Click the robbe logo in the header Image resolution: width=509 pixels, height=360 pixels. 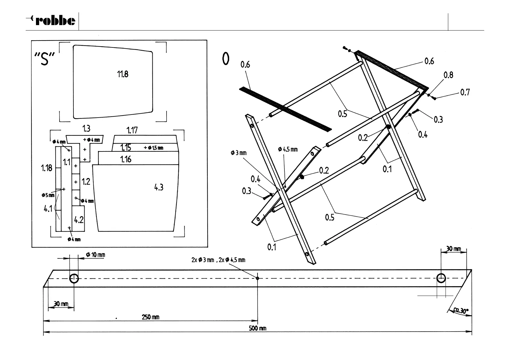[51, 21]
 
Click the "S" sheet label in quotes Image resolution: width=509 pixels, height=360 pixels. [44, 59]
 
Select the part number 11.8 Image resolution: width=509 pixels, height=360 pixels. [122, 74]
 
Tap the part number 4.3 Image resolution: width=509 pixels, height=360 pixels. [159, 187]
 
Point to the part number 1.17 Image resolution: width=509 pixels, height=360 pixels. [132, 130]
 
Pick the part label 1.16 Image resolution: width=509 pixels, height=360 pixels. [126, 159]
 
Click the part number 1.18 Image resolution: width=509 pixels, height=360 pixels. [47, 168]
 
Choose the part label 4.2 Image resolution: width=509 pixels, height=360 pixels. [79, 220]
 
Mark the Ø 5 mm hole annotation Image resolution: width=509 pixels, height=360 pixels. [48, 195]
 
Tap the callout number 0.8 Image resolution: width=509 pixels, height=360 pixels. [448, 75]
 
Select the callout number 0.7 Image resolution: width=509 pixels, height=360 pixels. [465, 92]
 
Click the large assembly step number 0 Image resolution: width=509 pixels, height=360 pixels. [225, 59]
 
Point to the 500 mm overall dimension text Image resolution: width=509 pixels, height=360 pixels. [258, 328]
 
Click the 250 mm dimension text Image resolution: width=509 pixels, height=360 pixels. [151, 317]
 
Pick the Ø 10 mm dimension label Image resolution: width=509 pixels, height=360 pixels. [96, 255]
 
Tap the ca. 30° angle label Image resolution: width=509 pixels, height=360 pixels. [461, 310]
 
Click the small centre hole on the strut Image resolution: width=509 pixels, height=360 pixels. [258, 278]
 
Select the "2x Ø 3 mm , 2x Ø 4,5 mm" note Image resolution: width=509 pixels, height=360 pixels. [218, 260]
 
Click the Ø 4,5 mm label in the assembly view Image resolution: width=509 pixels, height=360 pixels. [288, 149]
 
